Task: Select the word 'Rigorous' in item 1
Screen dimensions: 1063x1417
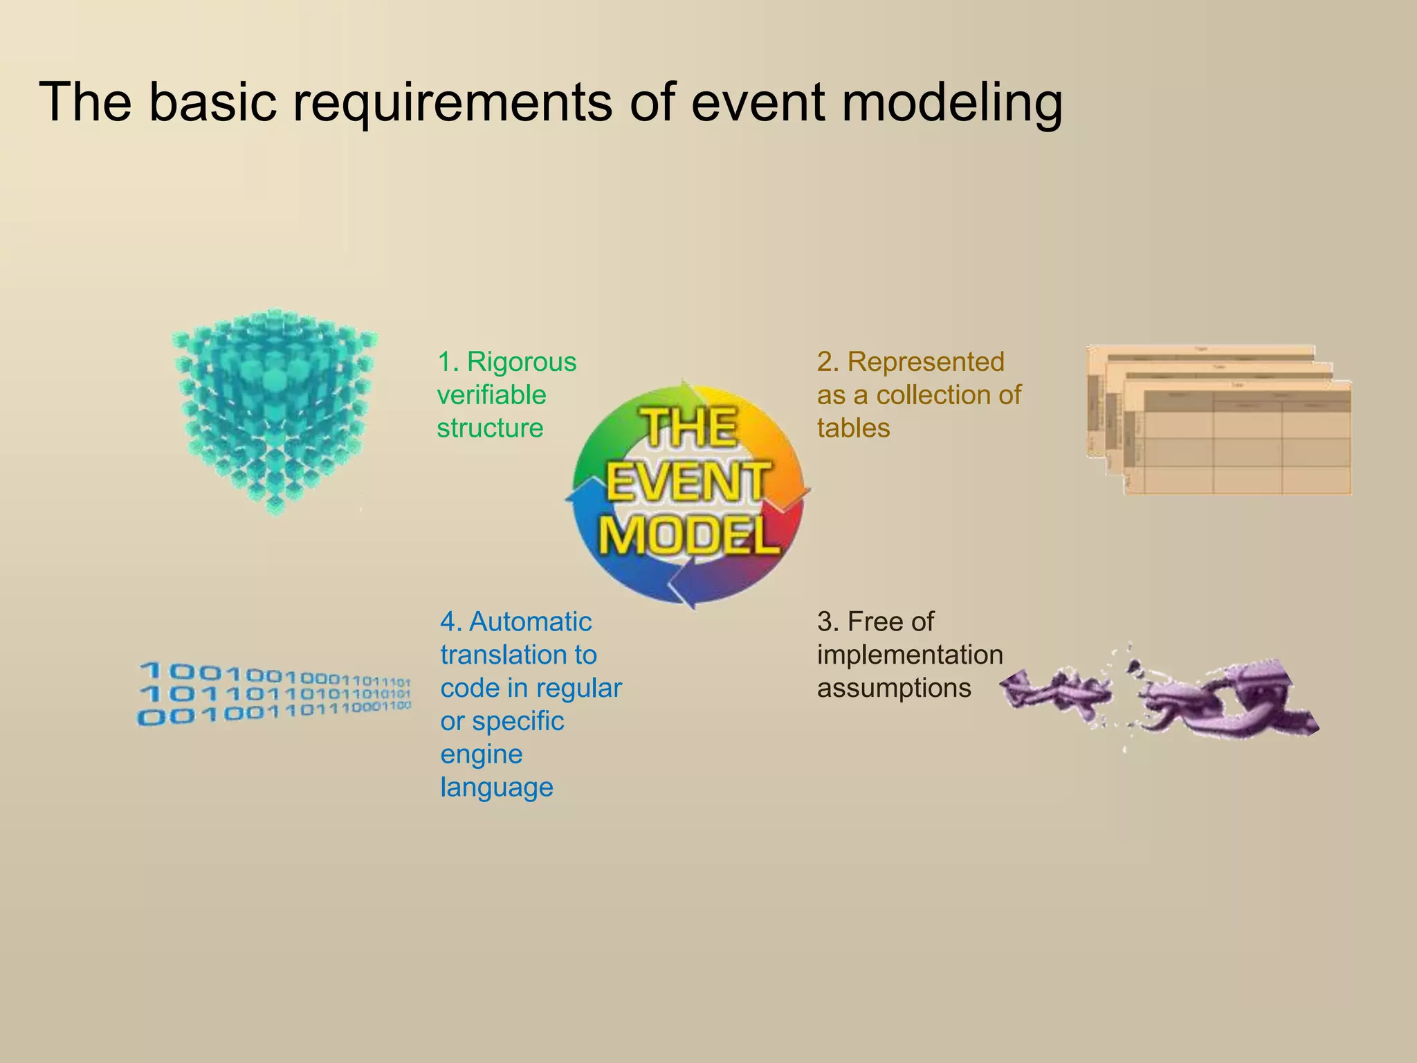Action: [521, 362]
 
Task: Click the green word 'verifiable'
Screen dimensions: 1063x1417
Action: [491, 395]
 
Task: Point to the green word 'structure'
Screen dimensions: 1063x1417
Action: [490, 428]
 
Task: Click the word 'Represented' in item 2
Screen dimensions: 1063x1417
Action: [925, 362]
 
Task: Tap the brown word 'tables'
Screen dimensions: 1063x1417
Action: [853, 428]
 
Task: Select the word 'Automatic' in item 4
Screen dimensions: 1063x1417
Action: [530, 622]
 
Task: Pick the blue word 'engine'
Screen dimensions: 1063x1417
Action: [481, 754]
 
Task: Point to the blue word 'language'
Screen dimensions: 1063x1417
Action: [497, 788]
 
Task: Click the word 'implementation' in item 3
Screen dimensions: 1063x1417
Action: [910, 655]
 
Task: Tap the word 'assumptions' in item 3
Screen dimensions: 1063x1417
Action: [894, 689]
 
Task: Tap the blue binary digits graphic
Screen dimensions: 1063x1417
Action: [275, 693]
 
